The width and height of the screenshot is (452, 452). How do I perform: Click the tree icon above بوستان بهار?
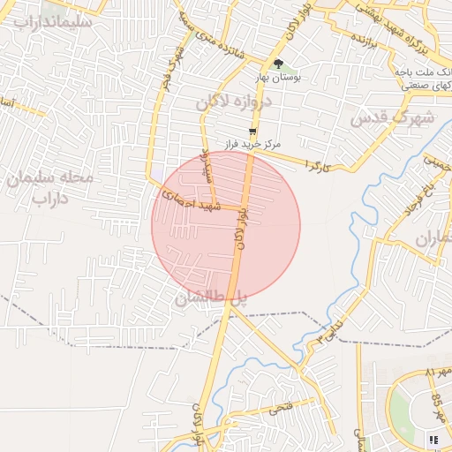[279, 64]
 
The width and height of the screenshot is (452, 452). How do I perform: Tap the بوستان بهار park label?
[278, 78]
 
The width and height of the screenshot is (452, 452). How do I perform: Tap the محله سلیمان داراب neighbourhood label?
[50, 187]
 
